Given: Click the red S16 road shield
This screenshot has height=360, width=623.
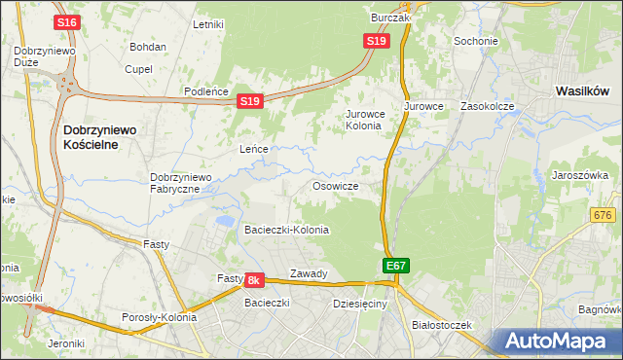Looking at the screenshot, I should [x=66, y=22].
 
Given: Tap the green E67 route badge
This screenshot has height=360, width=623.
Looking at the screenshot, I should [x=395, y=265].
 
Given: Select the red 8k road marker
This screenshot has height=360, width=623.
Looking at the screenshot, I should [x=254, y=280].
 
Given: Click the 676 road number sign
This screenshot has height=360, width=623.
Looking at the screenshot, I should [x=604, y=215].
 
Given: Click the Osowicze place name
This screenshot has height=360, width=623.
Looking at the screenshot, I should [x=336, y=186].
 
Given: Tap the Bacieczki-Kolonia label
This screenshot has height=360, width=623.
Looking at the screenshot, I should [x=286, y=230].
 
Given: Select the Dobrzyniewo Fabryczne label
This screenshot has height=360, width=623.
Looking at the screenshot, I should [x=181, y=183].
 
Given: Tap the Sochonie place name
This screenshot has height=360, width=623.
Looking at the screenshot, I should [x=476, y=42].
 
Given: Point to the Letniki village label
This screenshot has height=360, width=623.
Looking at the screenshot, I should [x=209, y=24].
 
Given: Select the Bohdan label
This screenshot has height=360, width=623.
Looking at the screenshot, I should [x=148, y=47].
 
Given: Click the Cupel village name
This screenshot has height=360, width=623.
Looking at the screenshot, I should [x=139, y=69].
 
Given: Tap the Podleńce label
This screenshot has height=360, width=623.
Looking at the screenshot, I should [x=206, y=91].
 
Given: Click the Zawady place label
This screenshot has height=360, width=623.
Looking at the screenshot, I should [x=309, y=274].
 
